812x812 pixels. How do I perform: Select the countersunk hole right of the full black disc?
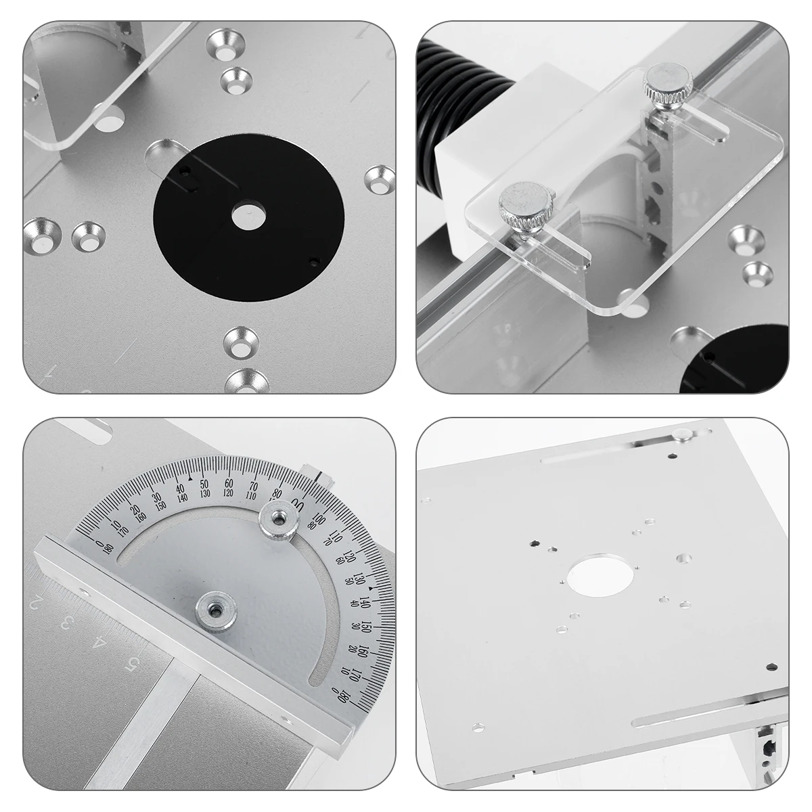click(379, 179)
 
